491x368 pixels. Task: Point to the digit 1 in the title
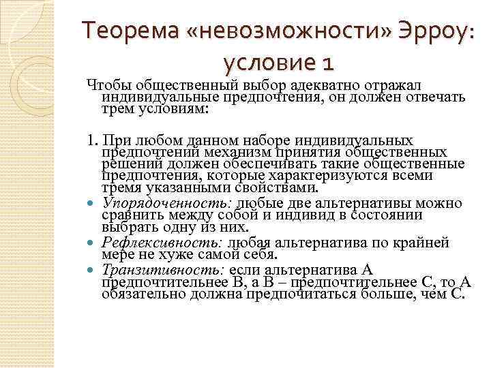328,65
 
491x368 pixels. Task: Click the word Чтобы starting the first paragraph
108,84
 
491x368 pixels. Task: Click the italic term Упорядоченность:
168,203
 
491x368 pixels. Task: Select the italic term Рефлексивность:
163,243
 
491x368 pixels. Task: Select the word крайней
425,243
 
